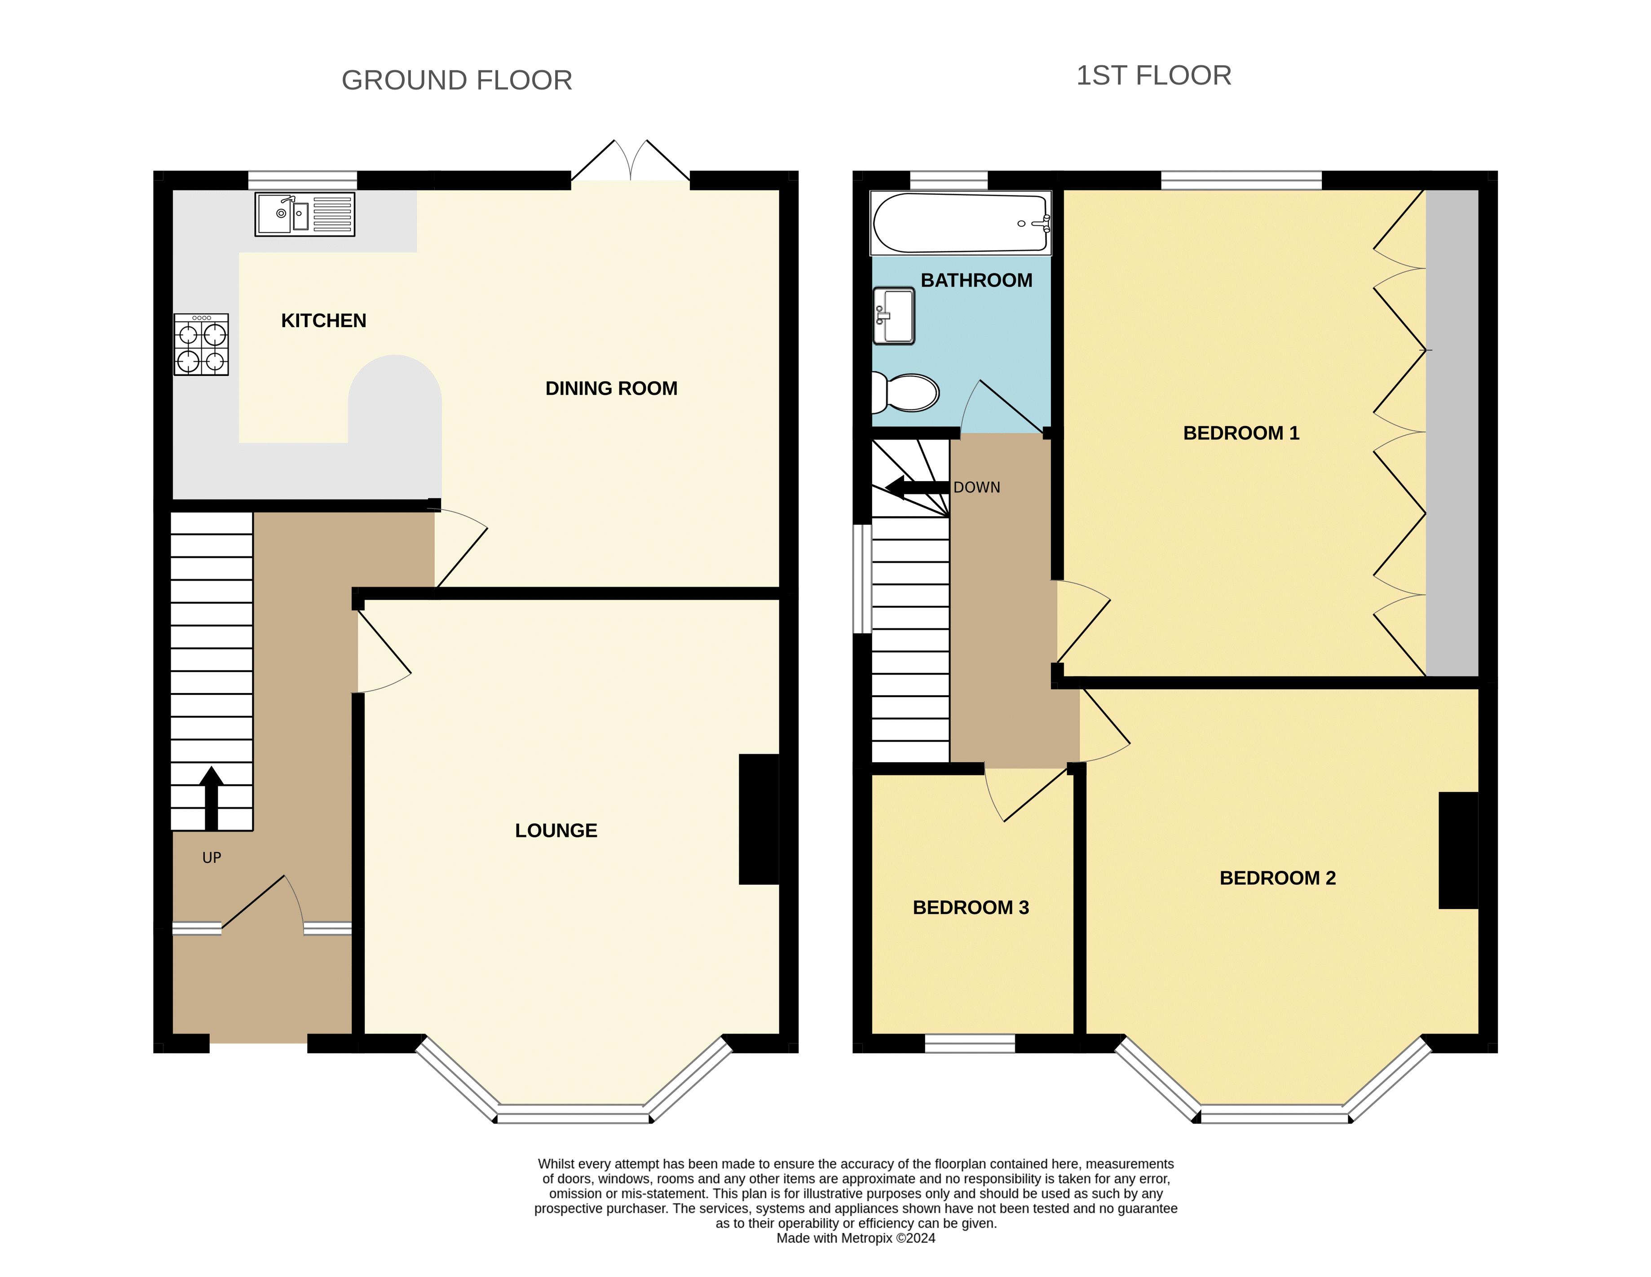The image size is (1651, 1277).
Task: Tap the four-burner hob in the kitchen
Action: point(201,345)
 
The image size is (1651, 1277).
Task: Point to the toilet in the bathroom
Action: point(905,393)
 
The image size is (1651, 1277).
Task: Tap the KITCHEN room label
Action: point(323,321)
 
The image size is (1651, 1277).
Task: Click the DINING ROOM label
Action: point(612,389)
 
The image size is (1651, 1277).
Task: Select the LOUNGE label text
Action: point(556,831)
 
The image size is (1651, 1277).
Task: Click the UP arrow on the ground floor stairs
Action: point(212,799)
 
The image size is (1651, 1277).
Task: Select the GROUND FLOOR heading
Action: point(457,80)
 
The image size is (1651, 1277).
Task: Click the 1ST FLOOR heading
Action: point(1153,75)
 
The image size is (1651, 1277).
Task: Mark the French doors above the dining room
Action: point(631,162)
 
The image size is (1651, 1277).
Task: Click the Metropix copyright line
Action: point(856,1237)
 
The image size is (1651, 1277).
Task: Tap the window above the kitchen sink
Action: point(302,181)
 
